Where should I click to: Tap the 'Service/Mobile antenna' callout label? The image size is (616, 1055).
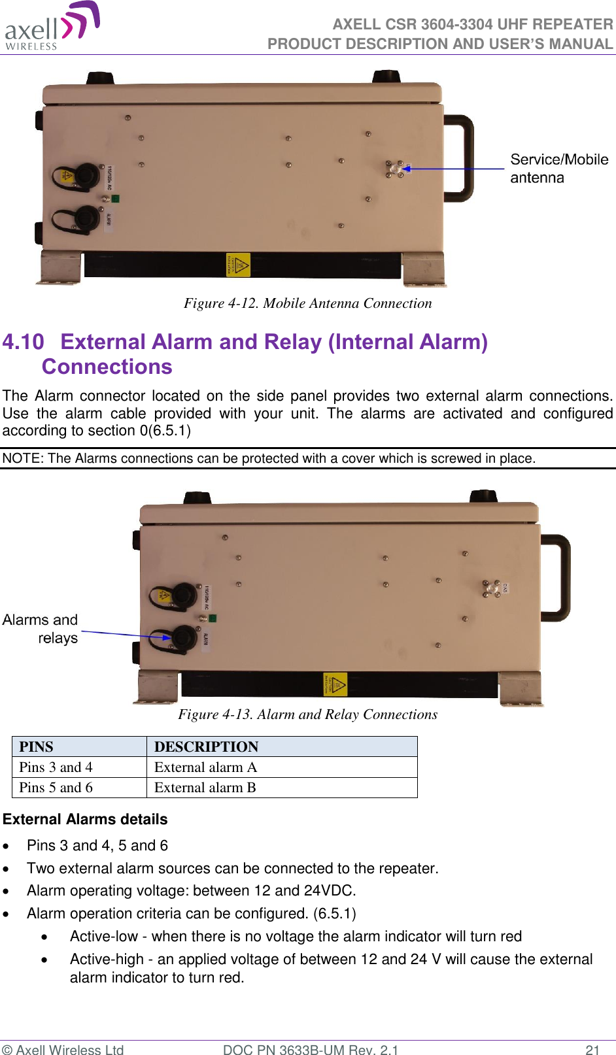point(558,169)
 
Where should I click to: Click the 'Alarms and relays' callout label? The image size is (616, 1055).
point(41,628)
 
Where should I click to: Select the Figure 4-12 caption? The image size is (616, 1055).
point(307,303)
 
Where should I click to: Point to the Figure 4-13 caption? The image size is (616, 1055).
point(307,714)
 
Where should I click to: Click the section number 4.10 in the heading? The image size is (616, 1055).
point(24,342)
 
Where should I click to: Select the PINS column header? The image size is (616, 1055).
point(37,746)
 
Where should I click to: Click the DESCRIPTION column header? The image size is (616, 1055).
point(206,746)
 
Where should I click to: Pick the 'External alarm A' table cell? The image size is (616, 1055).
point(205,767)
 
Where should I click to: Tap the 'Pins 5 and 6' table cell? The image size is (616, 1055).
point(56,787)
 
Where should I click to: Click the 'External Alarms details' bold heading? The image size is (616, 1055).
point(85,819)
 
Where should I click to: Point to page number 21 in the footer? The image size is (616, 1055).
point(592,1049)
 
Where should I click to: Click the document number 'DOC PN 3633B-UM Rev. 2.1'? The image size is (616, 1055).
point(310,1049)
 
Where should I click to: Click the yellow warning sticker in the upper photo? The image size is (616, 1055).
point(238,265)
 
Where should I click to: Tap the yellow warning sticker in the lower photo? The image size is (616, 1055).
point(335,684)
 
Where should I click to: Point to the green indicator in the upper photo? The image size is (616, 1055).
point(115,198)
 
